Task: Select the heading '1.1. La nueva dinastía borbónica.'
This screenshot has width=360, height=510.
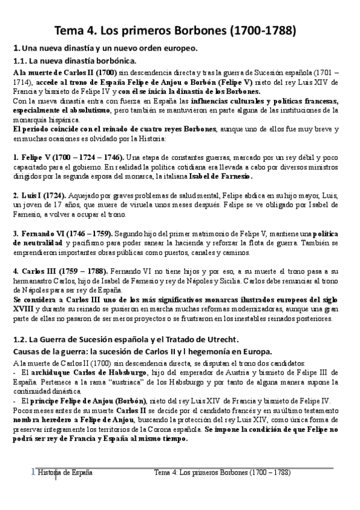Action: pyautogui.click(x=75, y=60)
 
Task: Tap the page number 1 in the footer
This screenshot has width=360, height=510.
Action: pyautogui.click(x=34, y=473)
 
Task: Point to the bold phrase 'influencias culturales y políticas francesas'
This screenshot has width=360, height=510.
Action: pyautogui.click(x=275, y=102)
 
